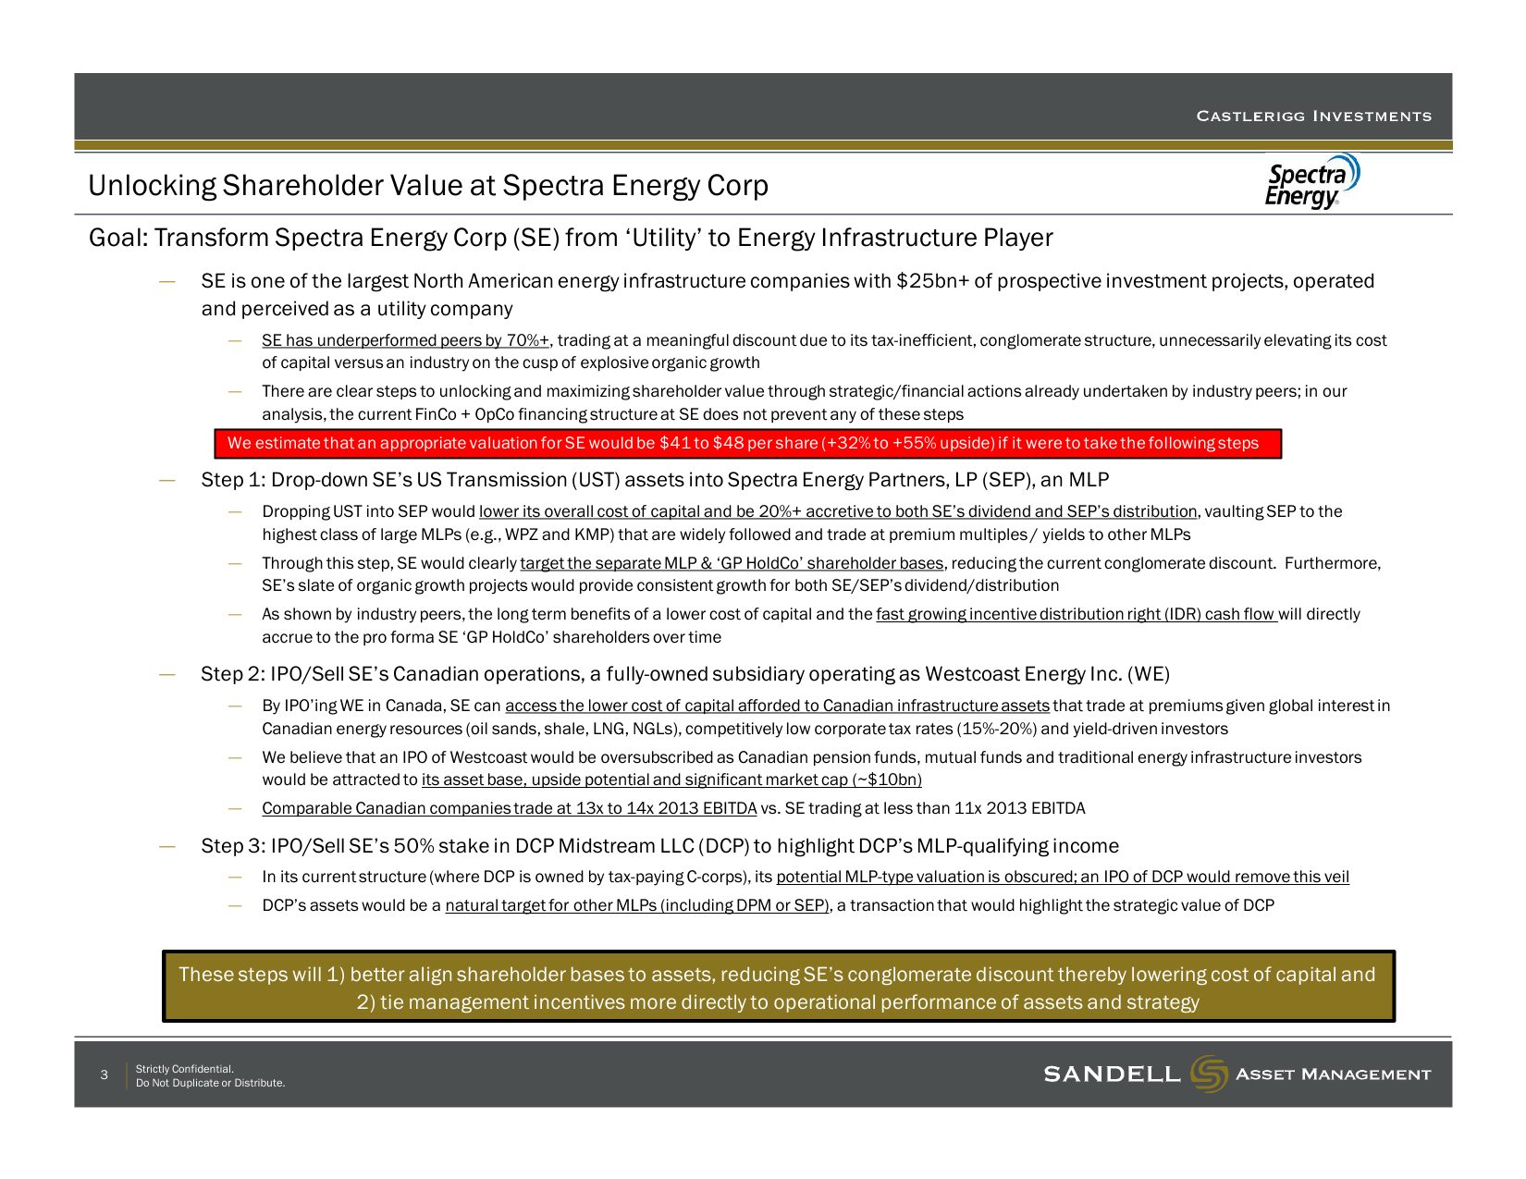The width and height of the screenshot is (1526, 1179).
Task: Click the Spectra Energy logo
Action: pyautogui.click(x=1311, y=182)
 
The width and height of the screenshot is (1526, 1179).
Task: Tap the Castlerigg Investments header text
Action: pyautogui.click(x=1313, y=117)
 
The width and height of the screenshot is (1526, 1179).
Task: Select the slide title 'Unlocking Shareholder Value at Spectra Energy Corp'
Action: pyautogui.click(x=428, y=186)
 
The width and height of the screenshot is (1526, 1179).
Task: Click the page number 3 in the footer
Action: pyautogui.click(x=105, y=1075)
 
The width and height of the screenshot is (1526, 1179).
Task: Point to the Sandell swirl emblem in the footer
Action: pyautogui.click(x=1208, y=1074)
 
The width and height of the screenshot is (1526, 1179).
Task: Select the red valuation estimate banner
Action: pyautogui.click(x=747, y=444)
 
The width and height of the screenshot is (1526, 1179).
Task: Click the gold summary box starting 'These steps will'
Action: pyautogui.click(x=778, y=988)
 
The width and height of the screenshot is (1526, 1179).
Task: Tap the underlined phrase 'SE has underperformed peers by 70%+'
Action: pyautogui.click(x=405, y=341)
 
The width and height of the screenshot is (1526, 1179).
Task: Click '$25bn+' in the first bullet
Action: pyautogui.click(x=931, y=281)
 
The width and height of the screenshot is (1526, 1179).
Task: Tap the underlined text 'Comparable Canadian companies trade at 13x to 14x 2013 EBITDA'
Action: pyautogui.click(x=509, y=808)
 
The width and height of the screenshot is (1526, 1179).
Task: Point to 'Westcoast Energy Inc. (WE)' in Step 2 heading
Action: pyautogui.click(x=1047, y=674)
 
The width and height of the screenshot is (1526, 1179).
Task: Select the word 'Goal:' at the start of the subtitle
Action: pyautogui.click(x=118, y=239)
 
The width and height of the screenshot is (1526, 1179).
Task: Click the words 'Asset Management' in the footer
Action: pyautogui.click(x=1333, y=1075)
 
